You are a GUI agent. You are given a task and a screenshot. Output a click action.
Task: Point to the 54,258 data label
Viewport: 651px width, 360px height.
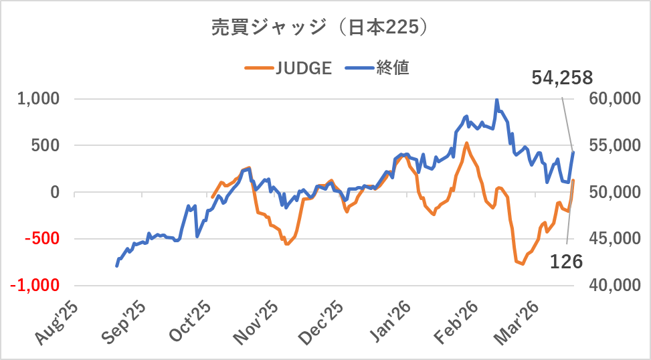(x=562, y=78)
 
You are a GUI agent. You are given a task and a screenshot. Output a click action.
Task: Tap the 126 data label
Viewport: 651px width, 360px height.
(x=566, y=262)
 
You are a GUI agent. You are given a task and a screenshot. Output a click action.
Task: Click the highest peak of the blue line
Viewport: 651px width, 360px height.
(x=496, y=100)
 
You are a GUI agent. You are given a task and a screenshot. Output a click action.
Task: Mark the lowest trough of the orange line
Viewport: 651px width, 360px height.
(x=523, y=264)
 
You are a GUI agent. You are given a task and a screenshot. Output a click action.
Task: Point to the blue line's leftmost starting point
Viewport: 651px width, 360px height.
(x=117, y=266)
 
